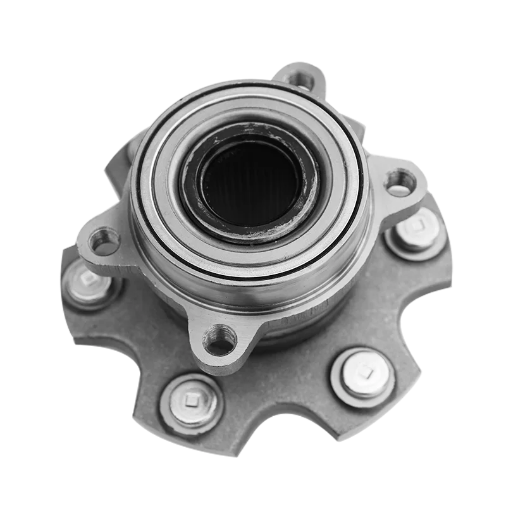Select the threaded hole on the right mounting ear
tap(400, 182)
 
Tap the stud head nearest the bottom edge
tap(192, 402)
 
